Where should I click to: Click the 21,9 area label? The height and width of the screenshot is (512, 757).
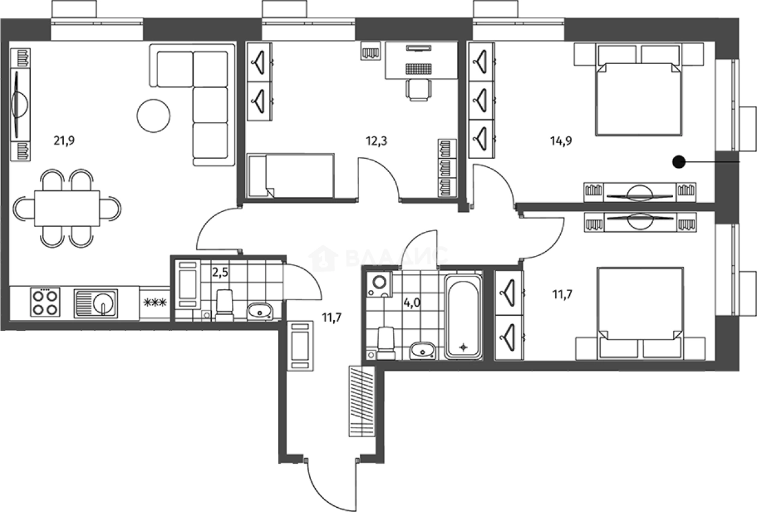64,140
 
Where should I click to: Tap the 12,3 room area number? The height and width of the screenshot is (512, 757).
377,141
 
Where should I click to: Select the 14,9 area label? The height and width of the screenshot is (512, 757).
561,141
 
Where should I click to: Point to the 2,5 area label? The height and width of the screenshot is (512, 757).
220,272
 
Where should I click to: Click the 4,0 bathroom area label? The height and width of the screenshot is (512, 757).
412,302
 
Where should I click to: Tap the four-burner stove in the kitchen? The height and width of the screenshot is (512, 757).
45,302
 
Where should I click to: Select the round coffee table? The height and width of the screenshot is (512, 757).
153,116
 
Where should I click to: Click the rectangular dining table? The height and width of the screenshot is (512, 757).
67,208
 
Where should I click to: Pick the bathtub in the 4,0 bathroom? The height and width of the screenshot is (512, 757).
463,316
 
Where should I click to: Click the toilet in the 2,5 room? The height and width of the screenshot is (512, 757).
225,306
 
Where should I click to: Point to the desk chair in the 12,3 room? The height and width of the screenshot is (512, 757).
419,90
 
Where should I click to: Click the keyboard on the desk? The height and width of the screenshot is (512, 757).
419,69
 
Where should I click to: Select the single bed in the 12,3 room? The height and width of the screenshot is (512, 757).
291,176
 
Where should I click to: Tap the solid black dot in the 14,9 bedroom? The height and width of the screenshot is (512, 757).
679,162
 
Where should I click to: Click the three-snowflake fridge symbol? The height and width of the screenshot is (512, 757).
155,302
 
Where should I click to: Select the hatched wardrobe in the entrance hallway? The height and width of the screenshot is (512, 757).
362,401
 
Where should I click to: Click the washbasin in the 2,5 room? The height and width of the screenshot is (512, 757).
260,312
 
